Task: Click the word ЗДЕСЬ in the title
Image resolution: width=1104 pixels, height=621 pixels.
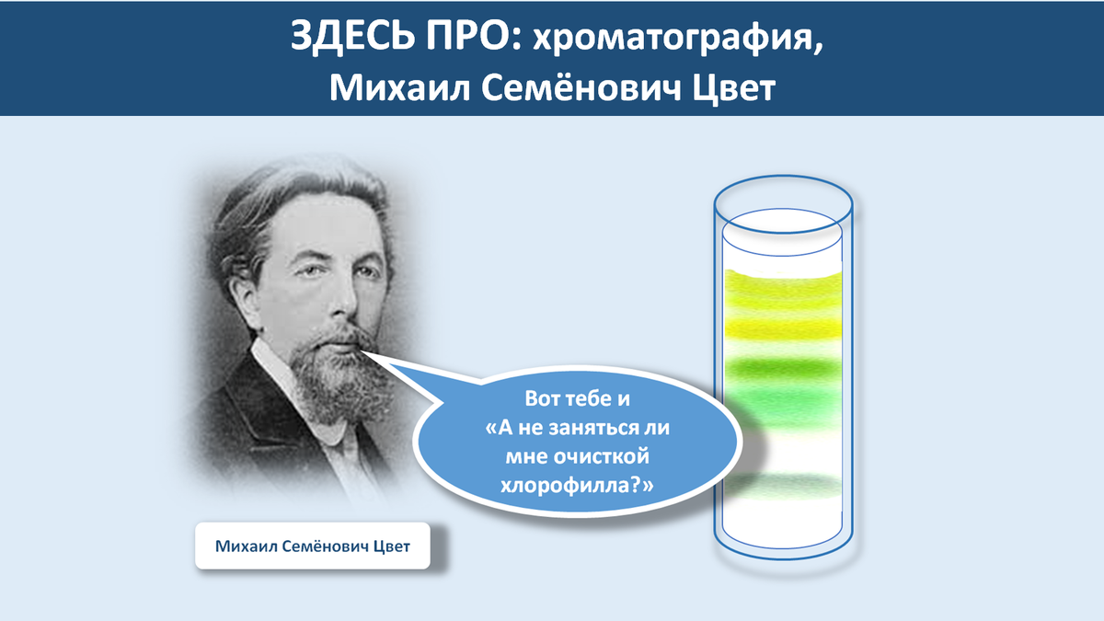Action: (352, 36)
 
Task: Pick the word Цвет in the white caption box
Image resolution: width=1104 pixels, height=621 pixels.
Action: (392, 546)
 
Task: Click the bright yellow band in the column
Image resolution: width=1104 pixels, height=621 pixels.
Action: (783, 328)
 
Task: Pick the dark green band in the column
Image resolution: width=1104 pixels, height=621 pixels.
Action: (783, 368)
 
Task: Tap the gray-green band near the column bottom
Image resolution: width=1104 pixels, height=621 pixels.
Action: (783, 486)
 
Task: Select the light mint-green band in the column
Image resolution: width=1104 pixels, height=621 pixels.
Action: (783, 404)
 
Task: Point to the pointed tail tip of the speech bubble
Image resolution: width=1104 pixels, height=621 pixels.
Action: (362, 351)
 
